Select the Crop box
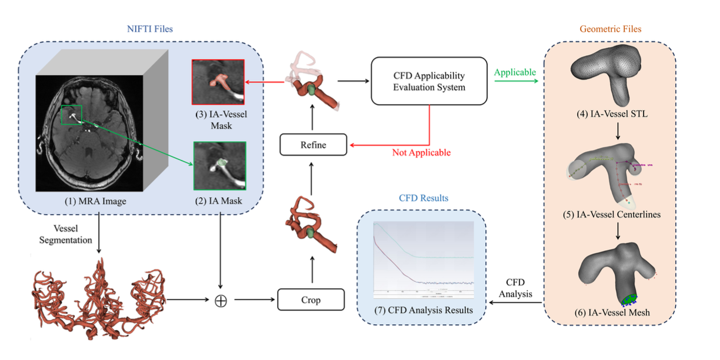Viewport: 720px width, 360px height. pyautogui.click(x=311, y=299)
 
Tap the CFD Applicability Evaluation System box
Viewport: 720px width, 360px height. pyautogui.click(x=429, y=82)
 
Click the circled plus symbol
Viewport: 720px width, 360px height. pyautogui.click(x=221, y=300)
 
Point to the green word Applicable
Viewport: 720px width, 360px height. pyautogui.click(x=515, y=72)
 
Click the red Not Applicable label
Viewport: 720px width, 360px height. pyautogui.click(x=421, y=152)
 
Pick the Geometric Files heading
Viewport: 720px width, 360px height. pyautogui.click(x=610, y=28)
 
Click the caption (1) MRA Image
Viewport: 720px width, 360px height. pyautogui.click(x=95, y=201)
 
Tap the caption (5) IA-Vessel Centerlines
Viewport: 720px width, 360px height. pyautogui.click(x=611, y=215)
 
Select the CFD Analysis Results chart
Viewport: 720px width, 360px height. pyautogui.click(x=424, y=259)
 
